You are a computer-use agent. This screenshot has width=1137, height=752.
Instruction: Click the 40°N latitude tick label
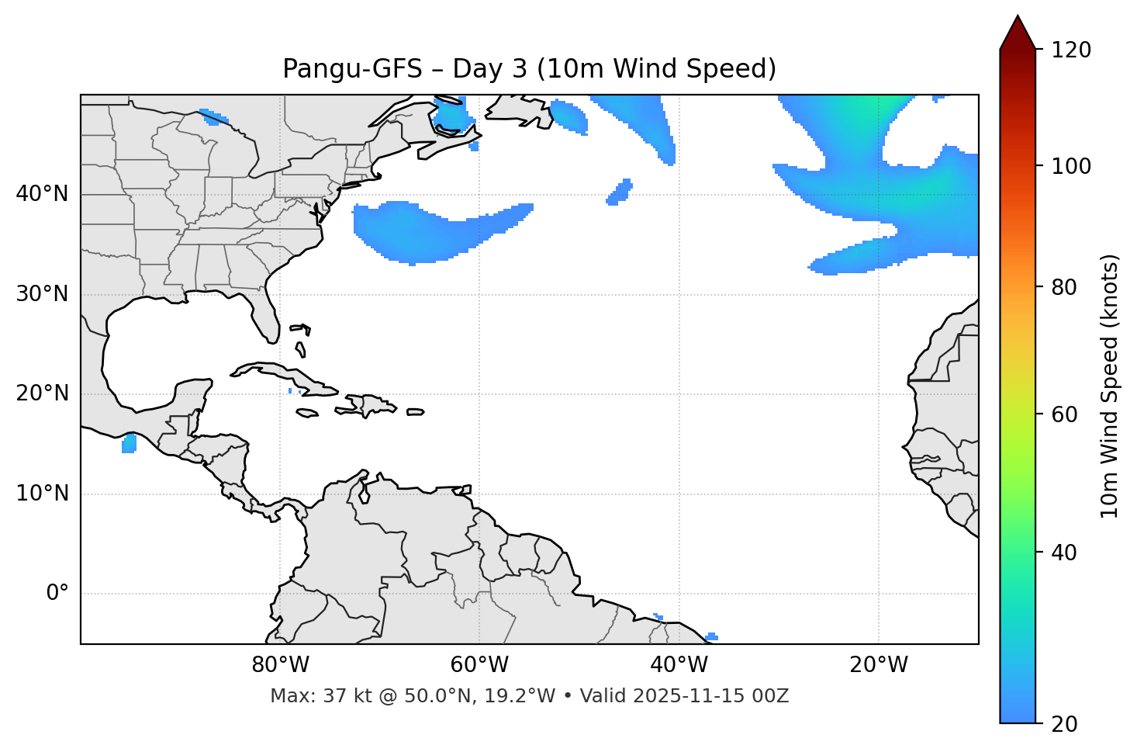pyautogui.click(x=42, y=194)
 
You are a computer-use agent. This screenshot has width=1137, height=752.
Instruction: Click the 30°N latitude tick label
pyautogui.click(x=42, y=294)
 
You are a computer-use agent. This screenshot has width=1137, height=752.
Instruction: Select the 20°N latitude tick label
pyautogui.click(x=42, y=393)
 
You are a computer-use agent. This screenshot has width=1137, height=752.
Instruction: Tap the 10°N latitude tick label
pyautogui.click(x=42, y=494)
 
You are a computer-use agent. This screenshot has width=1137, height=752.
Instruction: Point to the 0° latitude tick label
pyautogui.click(x=57, y=594)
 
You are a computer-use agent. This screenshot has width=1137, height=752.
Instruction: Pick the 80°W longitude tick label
pyautogui.click(x=280, y=665)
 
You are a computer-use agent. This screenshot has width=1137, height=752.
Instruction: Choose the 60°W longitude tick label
pyautogui.click(x=479, y=665)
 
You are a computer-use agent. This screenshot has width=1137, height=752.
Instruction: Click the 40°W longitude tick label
pyautogui.click(x=679, y=665)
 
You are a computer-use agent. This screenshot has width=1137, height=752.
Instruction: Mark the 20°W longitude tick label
pyautogui.click(x=878, y=665)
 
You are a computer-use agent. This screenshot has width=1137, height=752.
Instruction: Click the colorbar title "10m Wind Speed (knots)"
pyautogui.click(x=1110, y=386)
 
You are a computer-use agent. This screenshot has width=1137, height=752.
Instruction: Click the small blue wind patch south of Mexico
pyautogui.click(x=129, y=444)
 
